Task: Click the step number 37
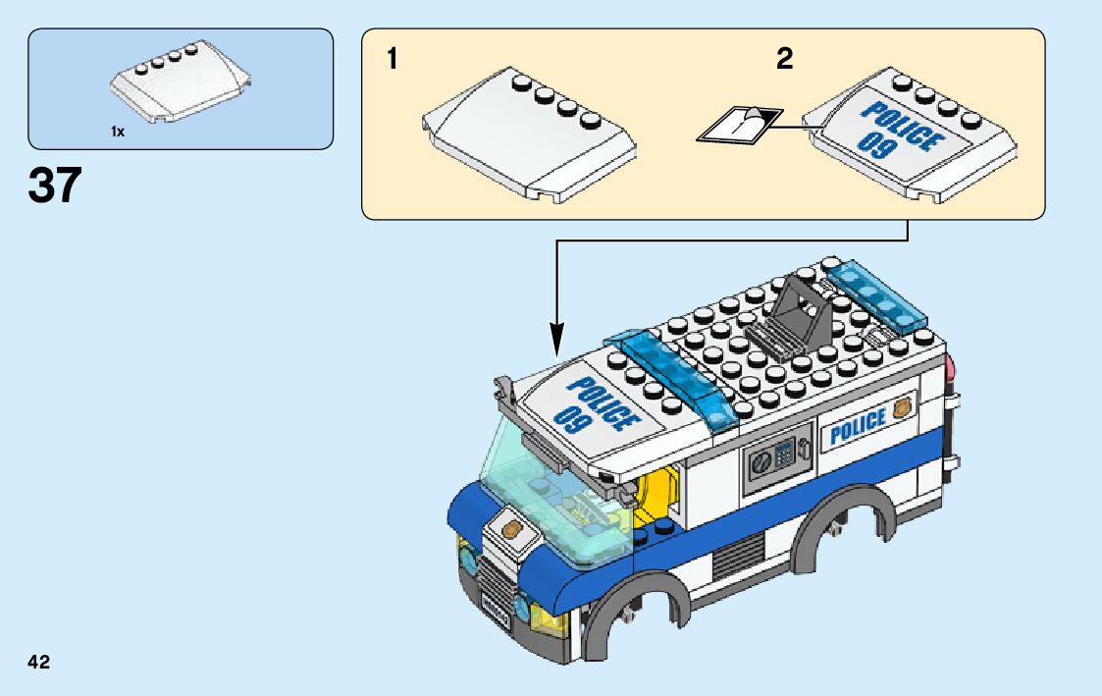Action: [x=55, y=186]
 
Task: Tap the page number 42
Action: [x=39, y=662]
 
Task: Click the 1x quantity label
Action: [x=118, y=131]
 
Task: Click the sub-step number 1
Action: [x=393, y=60]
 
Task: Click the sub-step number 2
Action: [x=784, y=60]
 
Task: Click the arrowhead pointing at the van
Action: [x=557, y=343]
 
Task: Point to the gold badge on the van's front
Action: [x=511, y=529]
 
